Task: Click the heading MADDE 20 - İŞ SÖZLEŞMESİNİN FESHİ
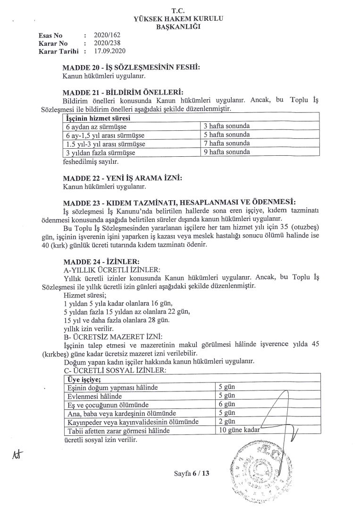click(x=131, y=68)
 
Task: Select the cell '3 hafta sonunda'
click(x=226, y=127)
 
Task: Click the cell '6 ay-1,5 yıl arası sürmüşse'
click(x=105, y=135)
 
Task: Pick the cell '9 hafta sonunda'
click(x=226, y=152)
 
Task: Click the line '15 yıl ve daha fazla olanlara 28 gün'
click(x=116, y=320)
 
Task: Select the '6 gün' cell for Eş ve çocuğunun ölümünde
click(x=227, y=405)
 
